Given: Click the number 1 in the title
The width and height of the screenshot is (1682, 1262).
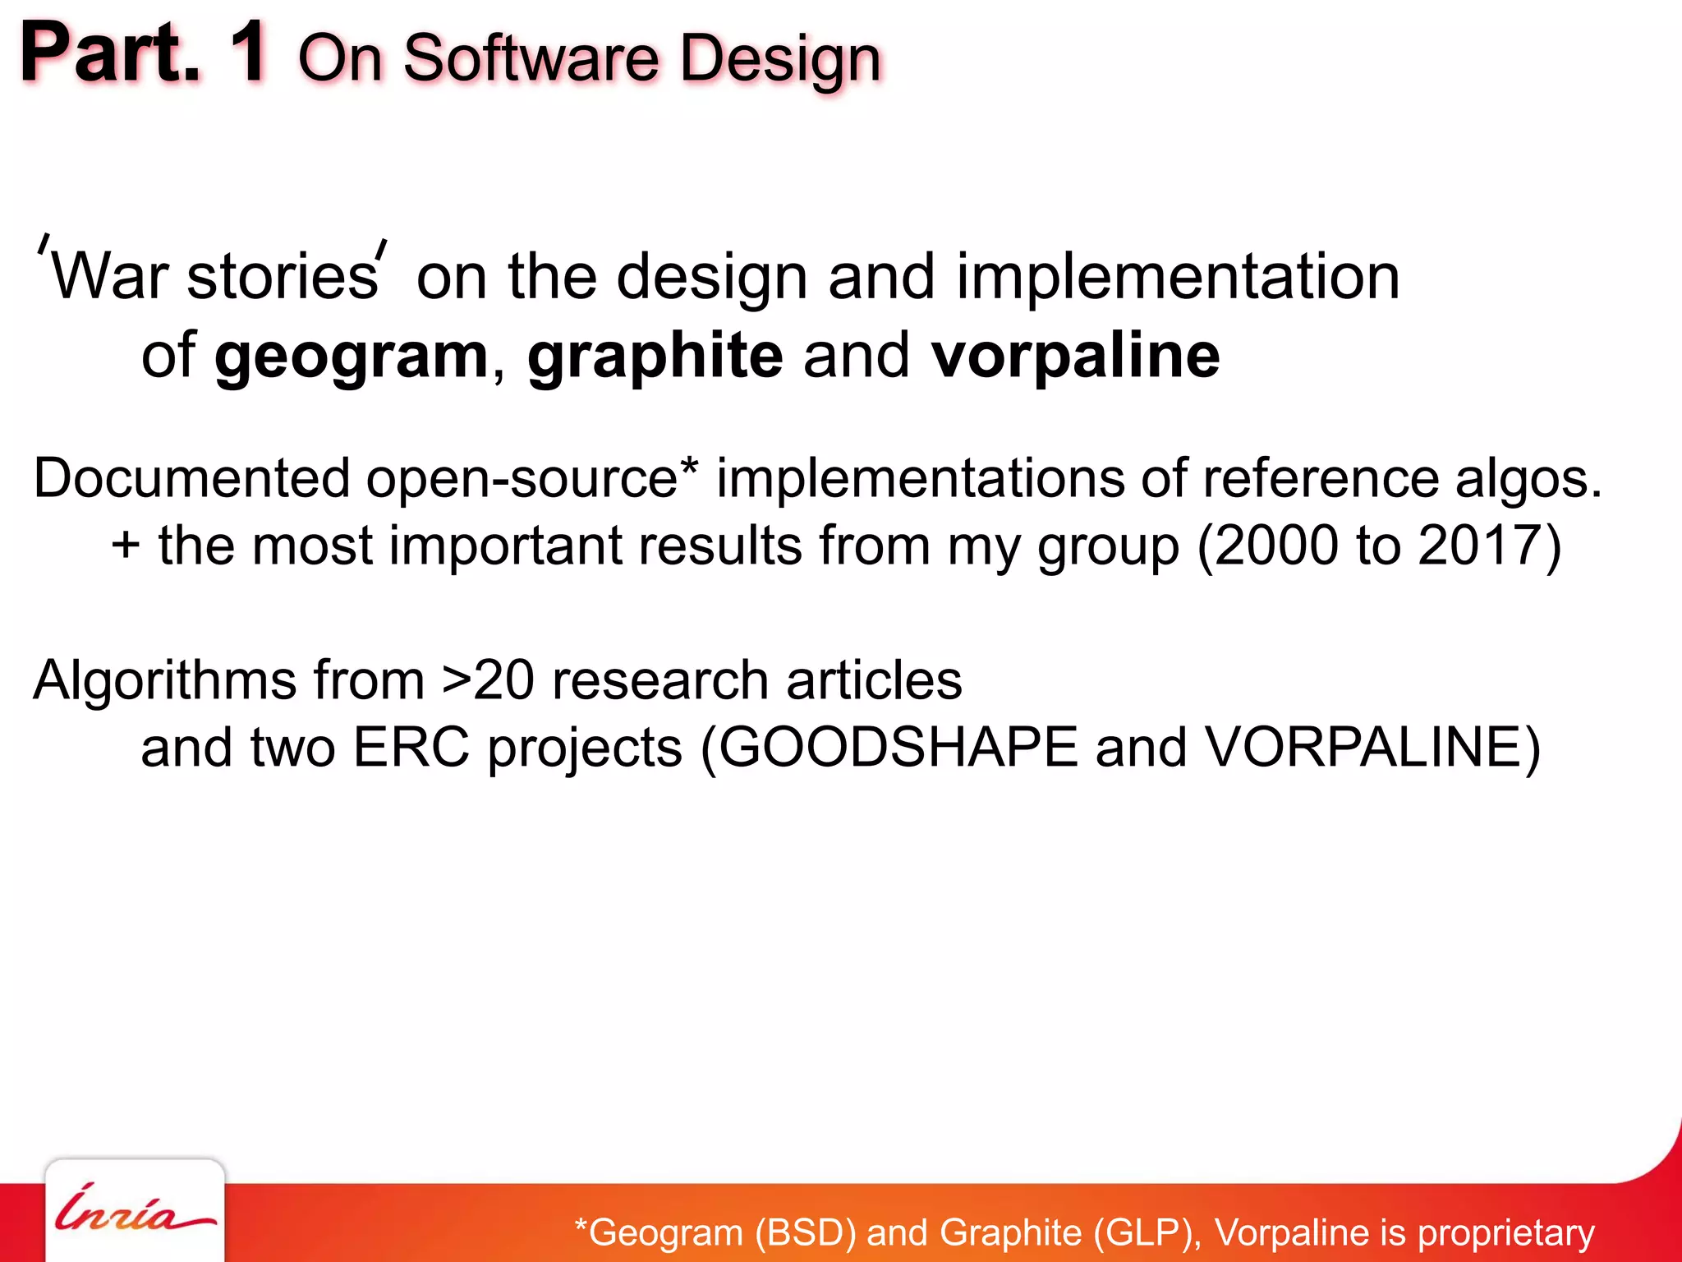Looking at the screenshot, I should click(x=248, y=53).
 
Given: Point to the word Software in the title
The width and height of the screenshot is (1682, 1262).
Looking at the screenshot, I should click(x=531, y=59).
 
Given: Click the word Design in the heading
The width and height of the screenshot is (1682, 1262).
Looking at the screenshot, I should click(x=780, y=59).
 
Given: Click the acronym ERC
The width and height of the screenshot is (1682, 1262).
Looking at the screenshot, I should click(x=411, y=748).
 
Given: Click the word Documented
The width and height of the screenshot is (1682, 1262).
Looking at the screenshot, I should click(x=191, y=478).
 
